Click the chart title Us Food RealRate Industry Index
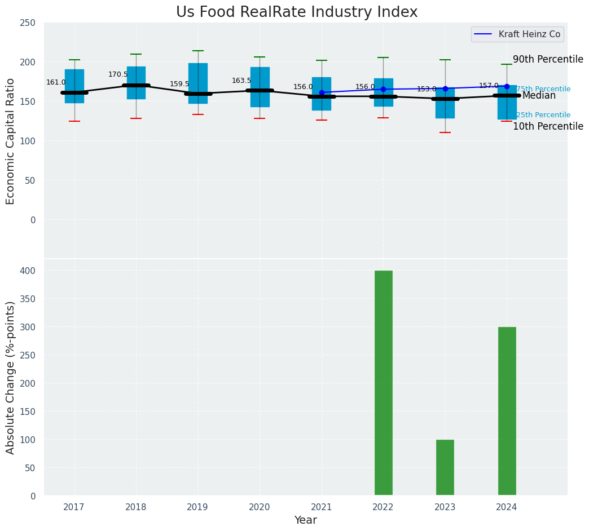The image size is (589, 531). pyautogui.click(x=297, y=12)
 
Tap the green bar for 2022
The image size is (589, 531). pyautogui.click(x=383, y=383)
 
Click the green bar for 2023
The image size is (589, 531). pyautogui.click(x=445, y=467)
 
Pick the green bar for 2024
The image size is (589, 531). pyautogui.click(x=507, y=411)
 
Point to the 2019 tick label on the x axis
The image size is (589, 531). pyautogui.click(x=197, y=507)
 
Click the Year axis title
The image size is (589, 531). pyautogui.click(x=305, y=520)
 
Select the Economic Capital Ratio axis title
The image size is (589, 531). pyautogui.click(x=11, y=141)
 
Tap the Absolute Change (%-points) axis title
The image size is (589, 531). pyautogui.click(x=11, y=377)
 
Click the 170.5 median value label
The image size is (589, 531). pyautogui.click(x=118, y=74)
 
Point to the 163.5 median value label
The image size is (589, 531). pyautogui.click(x=241, y=81)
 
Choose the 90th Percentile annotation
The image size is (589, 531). pyautogui.click(x=548, y=59)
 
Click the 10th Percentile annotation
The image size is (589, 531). pyautogui.click(x=548, y=126)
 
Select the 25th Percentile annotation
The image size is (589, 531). pyautogui.click(x=543, y=115)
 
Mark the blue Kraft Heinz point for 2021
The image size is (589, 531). pyautogui.click(x=322, y=92)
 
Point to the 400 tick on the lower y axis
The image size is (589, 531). pyautogui.click(x=28, y=271)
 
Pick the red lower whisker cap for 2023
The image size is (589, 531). pyautogui.click(x=445, y=132)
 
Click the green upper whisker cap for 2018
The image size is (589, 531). pyautogui.click(x=136, y=54)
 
